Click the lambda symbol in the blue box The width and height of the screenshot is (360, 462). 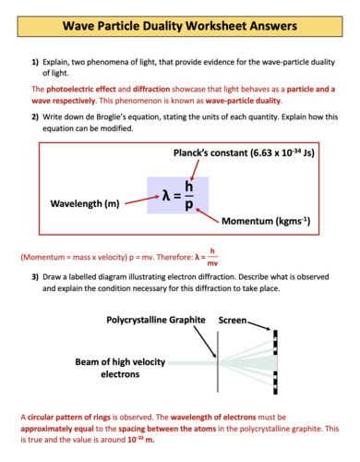(166, 196)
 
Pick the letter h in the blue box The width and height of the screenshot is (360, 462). (188, 188)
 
